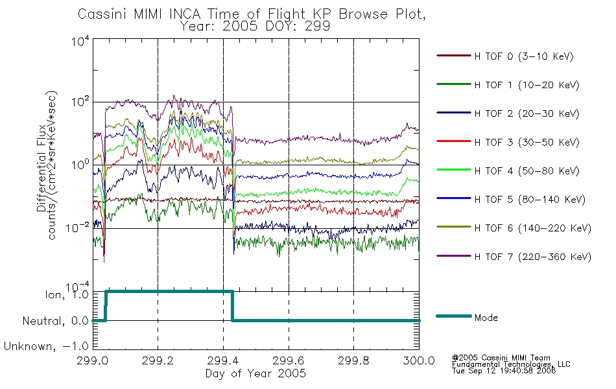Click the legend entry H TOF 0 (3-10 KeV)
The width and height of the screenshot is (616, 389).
524,56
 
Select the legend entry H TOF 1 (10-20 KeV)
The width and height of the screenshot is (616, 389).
527,85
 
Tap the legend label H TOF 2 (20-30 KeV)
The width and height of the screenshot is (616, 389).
527,113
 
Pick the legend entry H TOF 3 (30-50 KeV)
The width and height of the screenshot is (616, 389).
527,142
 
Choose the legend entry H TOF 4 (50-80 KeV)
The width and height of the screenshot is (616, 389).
527,171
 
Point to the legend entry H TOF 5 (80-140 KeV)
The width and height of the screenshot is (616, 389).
530,200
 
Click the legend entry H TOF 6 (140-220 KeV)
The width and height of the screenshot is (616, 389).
533,228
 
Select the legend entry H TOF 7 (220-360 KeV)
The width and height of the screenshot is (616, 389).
533,257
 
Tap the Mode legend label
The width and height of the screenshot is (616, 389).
486,318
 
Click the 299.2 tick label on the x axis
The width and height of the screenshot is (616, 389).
158,360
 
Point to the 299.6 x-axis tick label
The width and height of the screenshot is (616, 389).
289,360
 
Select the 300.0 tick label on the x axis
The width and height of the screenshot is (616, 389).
419,360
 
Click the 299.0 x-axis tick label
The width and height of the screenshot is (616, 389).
93,360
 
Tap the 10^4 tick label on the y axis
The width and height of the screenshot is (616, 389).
80,41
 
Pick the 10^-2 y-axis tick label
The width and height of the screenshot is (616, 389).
78,228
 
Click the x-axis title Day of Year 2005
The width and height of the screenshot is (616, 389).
255,373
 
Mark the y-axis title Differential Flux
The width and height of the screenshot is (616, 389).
41,168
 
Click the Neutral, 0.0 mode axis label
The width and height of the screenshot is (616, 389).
55,321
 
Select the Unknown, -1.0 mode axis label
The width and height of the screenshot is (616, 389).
46,346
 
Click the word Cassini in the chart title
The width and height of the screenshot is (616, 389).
102,14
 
